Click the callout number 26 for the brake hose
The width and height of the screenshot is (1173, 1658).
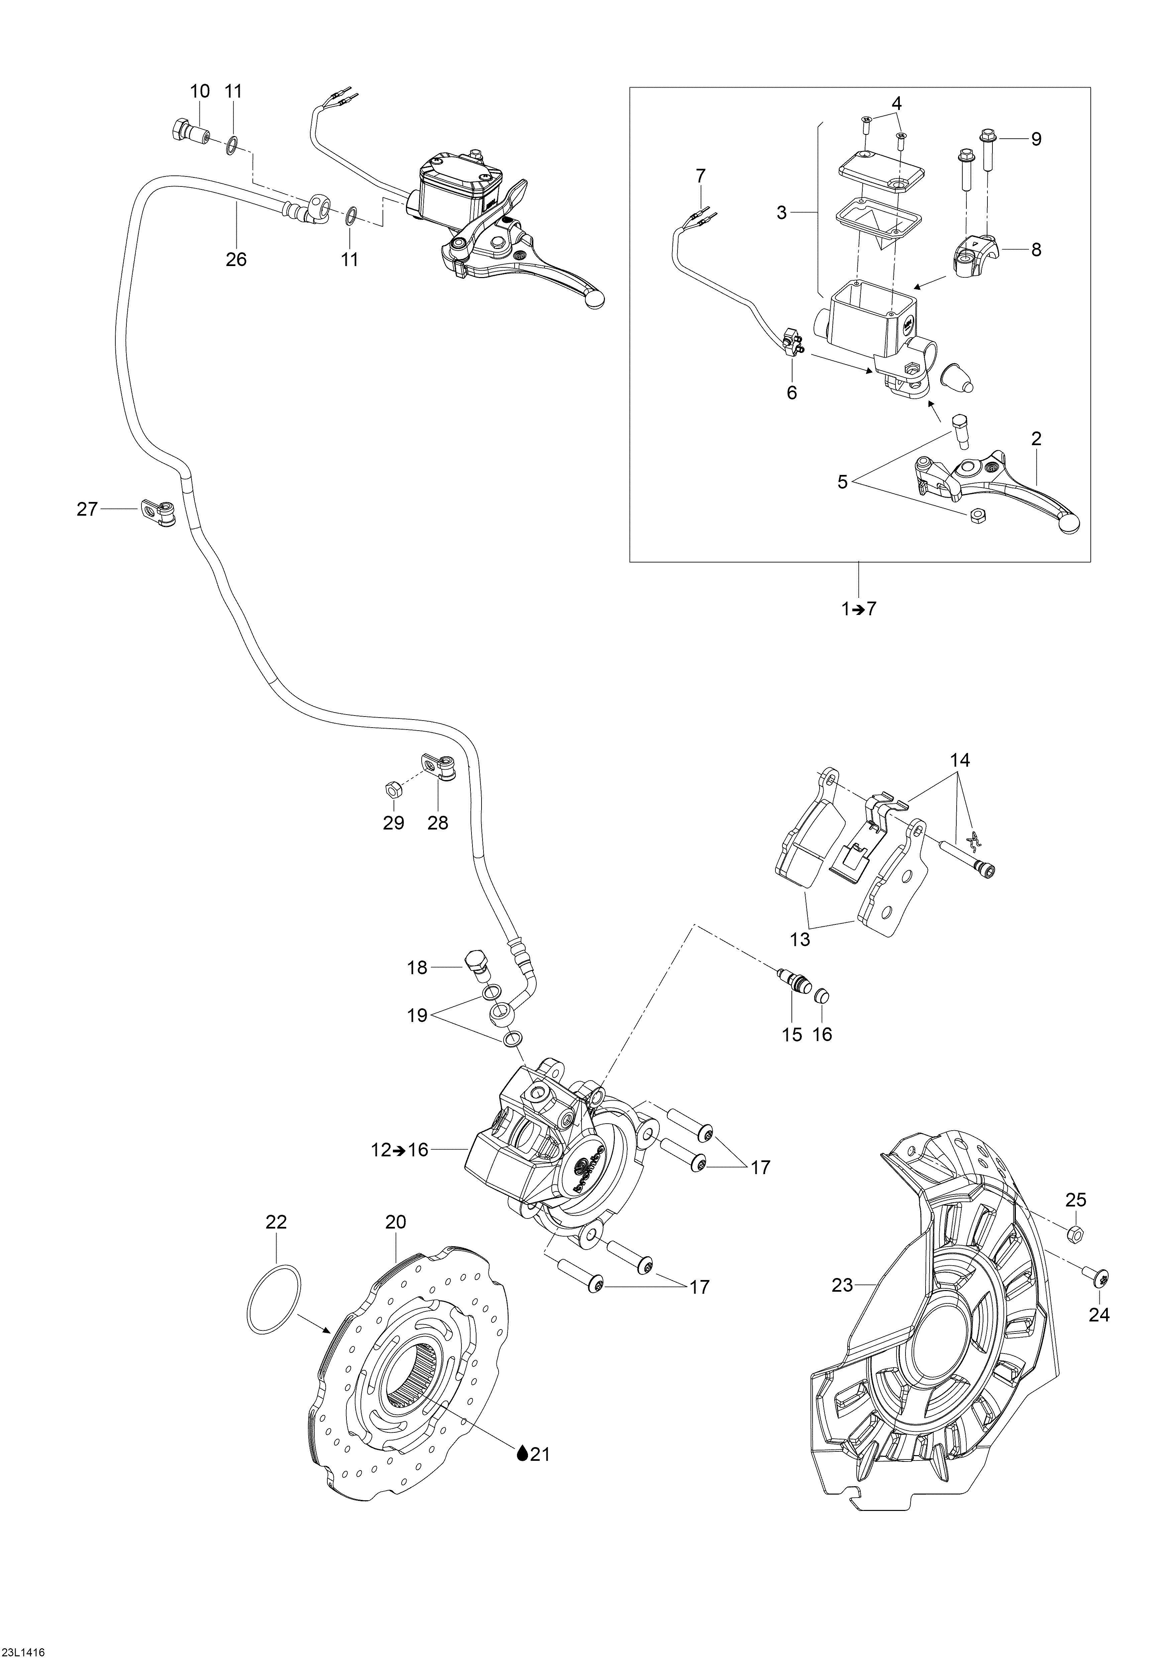point(236,259)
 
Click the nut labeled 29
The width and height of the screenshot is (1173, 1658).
point(393,789)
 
